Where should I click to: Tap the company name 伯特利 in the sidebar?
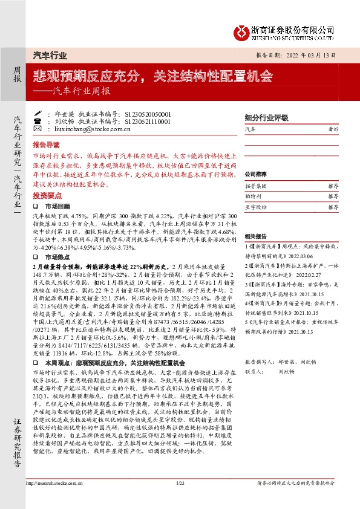click(253, 197)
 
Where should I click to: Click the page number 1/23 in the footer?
click(180, 500)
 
